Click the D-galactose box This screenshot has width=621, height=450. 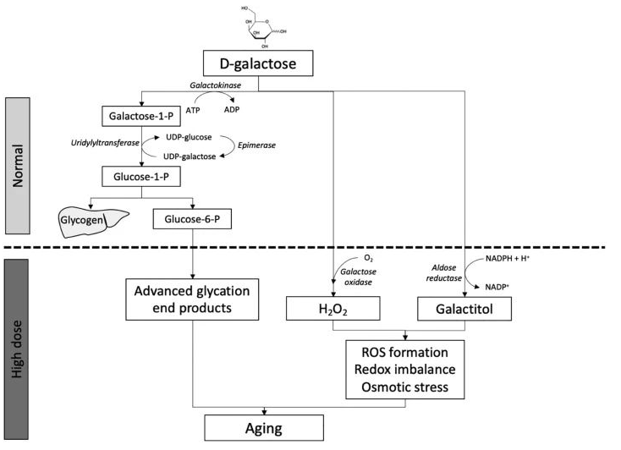pyautogui.click(x=257, y=63)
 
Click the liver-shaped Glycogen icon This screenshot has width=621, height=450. pyautogui.click(x=87, y=220)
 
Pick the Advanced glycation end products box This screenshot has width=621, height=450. pyautogui.click(x=193, y=299)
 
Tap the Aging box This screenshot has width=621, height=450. pyautogui.click(x=264, y=427)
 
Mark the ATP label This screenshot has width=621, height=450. pyautogui.click(x=192, y=109)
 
